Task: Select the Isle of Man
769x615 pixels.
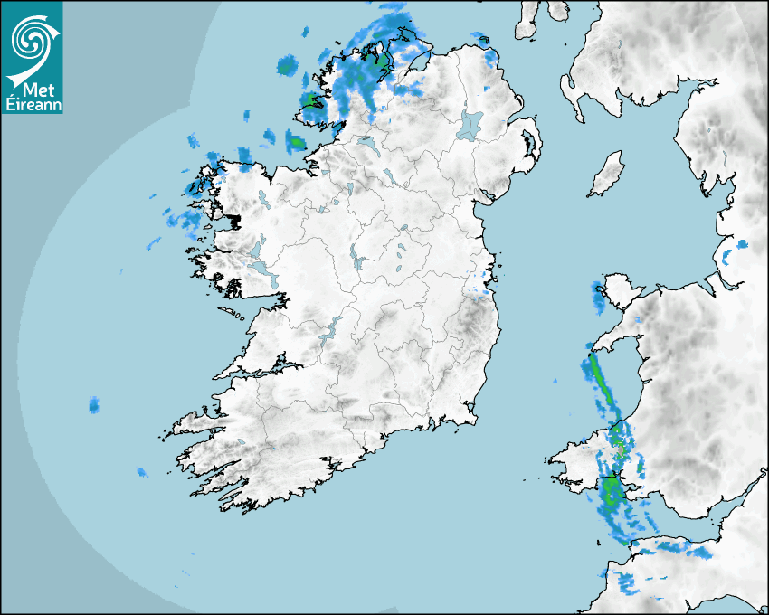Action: click(x=607, y=175)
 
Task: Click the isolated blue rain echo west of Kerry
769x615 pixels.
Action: click(x=94, y=404)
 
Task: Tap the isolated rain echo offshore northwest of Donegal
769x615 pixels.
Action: click(x=287, y=65)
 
